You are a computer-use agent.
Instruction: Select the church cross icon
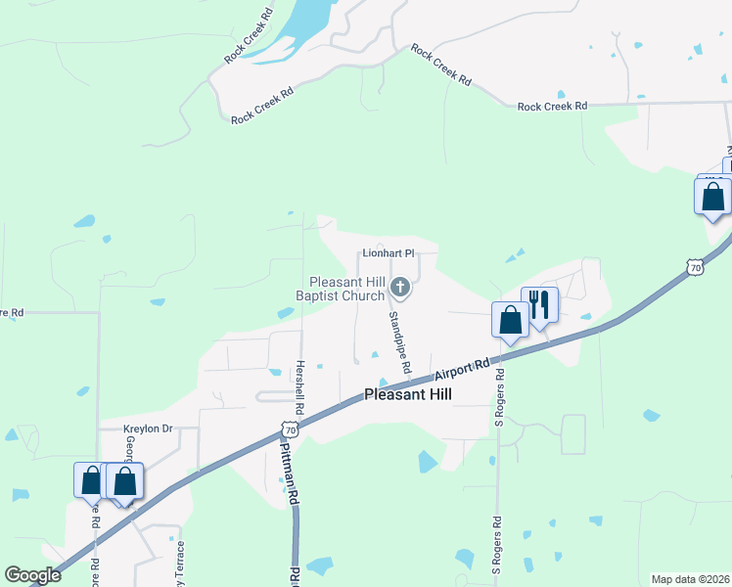click(399, 288)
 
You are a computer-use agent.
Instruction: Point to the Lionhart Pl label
click(389, 252)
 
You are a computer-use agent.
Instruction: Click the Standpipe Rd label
click(398, 340)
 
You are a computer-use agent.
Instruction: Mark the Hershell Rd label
click(300, 384)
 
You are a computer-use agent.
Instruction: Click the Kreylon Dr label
click(148, 429)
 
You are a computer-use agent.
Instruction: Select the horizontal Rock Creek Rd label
click(552, 106)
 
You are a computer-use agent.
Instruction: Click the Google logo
click(32, 575)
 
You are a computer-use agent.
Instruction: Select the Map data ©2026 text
click(690, 579)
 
